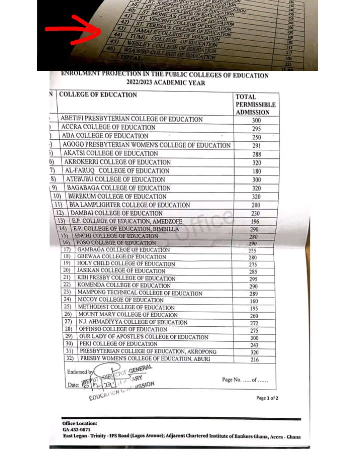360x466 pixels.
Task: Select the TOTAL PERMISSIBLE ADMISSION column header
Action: (x=252, y=104)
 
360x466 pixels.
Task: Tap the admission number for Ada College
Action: (x=257, y=137)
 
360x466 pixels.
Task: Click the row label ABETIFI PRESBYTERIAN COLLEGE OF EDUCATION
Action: (x=131, y=119)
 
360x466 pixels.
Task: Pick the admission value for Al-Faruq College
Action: (x=257, y=171)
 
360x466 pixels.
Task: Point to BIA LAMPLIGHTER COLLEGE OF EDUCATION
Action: (x=129, y=205)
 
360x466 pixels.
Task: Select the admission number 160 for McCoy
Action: (x=255, y=301)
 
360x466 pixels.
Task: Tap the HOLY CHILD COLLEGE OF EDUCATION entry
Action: (x=126, y=264)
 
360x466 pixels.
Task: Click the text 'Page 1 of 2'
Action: (x=267, y=398)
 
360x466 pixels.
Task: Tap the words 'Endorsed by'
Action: (x=80, y=372)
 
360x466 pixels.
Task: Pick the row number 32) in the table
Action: (x=69, y=359)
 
